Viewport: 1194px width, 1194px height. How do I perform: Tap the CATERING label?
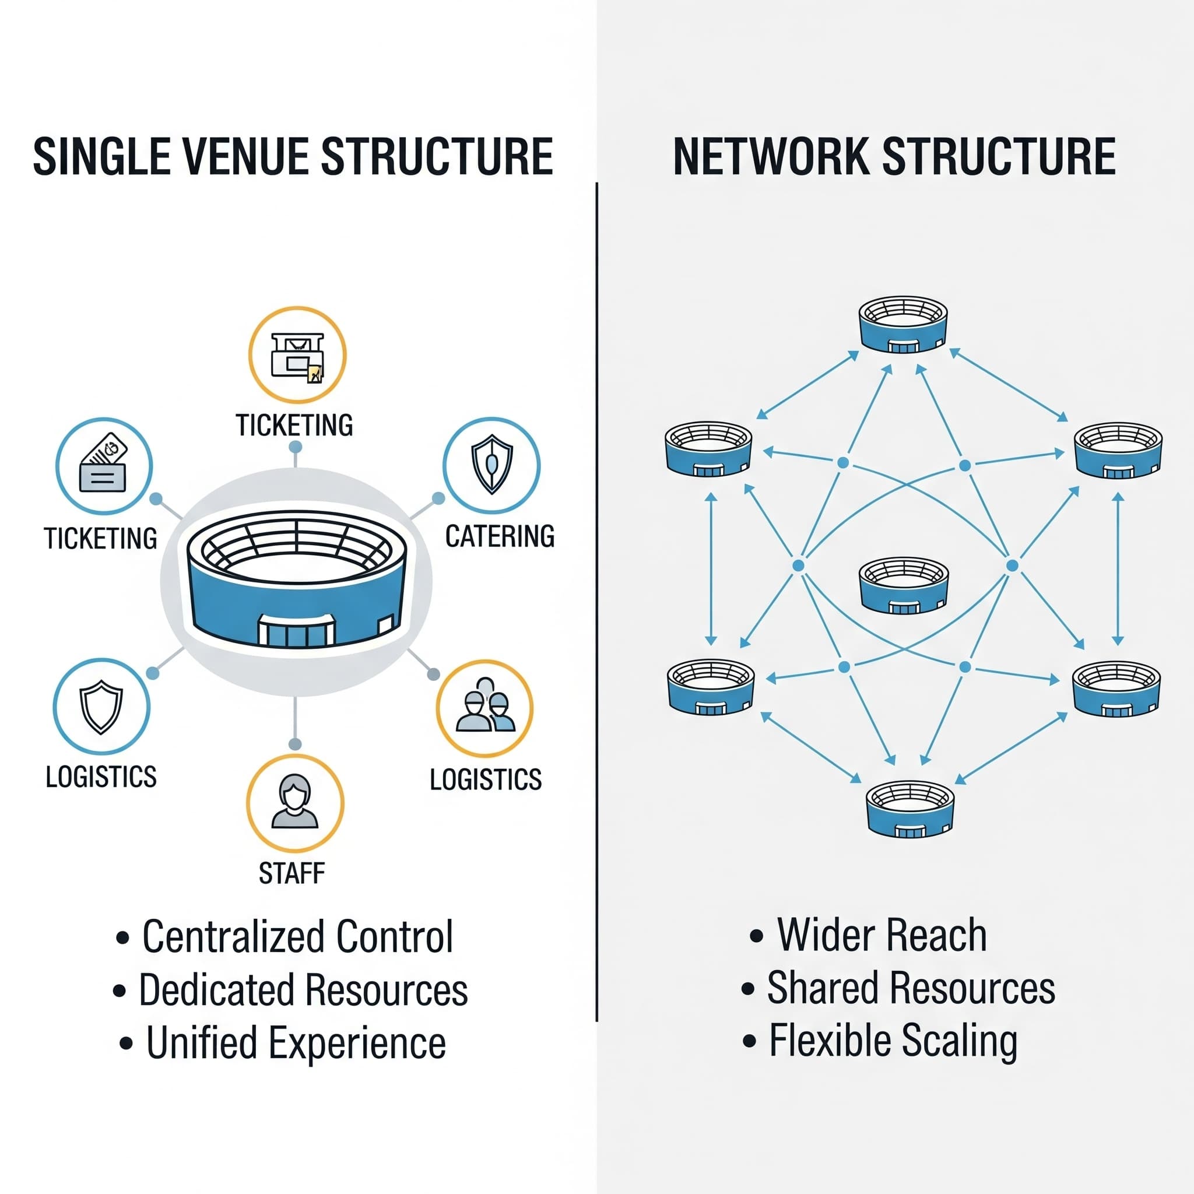tap(500, 536)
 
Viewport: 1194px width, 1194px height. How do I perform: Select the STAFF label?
tap(291, 873)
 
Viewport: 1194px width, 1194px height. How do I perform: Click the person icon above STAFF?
tap(295, 802)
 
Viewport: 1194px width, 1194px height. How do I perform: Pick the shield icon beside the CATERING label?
tap(491, 464)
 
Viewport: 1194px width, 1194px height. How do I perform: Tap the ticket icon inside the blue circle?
tap(104, 465)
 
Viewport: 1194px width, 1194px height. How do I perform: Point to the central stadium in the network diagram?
tap(904, 585)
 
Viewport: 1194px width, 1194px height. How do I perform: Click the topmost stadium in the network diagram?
tap(903, 325)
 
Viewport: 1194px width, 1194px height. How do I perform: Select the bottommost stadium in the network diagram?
tap(909, 809)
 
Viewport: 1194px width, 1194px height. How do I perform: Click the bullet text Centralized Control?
tap(298, 936)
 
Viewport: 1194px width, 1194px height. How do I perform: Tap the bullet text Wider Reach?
tap(882, 935)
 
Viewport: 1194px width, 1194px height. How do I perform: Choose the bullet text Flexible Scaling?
tap(893, 1041)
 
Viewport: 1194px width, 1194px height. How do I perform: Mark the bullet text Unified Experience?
tap(296, 1043)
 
